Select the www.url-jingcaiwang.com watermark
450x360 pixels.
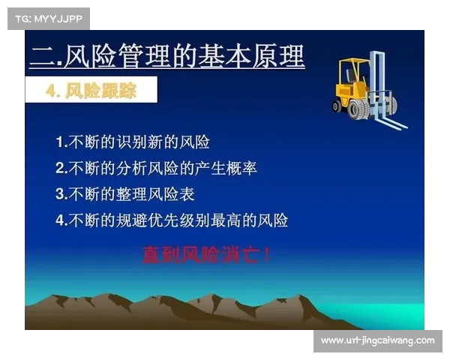(x=377, y=340)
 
